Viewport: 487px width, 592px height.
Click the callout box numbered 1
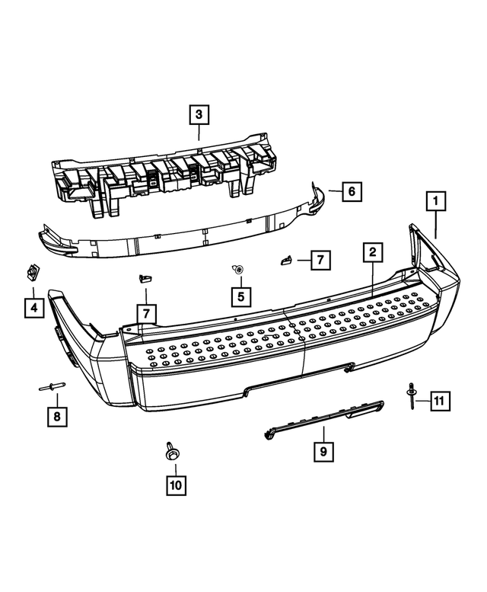coord(436,202)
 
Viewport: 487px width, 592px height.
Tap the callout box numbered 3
coord(198,116)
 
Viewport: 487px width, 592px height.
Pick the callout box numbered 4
coord(33,307)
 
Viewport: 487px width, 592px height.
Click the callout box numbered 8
coord(56,417)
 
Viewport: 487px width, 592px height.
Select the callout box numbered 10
coord(176,483)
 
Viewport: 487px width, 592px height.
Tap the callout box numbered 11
coord(439,399)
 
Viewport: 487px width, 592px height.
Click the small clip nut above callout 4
coord(33,271)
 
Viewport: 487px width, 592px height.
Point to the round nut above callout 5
coord(239,269)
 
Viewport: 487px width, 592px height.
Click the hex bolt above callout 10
coord(170,451)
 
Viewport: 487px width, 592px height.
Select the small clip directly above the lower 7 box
coord(143,279)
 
